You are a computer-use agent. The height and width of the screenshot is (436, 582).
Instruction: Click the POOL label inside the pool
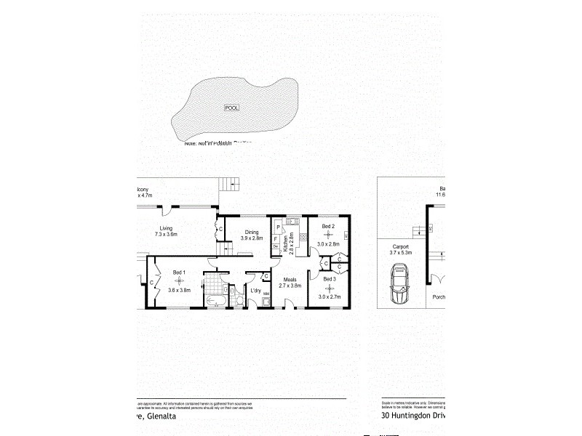tap(232, 108)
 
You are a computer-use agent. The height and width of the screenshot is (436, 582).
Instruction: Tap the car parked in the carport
tap(399, 286)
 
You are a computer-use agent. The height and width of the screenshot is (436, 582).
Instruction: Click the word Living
tap(167, 228)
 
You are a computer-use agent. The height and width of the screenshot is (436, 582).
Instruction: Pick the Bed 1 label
tap(179, 272)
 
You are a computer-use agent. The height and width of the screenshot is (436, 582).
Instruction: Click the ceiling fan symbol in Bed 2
tap(328, 235)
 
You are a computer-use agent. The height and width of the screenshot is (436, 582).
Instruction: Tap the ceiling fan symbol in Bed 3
tap(328, 287)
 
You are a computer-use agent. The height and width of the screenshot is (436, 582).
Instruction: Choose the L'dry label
tap(255, 291)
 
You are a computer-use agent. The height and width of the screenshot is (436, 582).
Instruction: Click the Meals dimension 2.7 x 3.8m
tap(290, 286)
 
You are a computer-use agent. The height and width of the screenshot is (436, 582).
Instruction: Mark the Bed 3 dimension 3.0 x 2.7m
tap(328, 296)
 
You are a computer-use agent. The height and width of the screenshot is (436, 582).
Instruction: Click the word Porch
tap(439, 296)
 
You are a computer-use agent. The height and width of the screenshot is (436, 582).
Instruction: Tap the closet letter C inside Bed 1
tap(152, 283)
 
